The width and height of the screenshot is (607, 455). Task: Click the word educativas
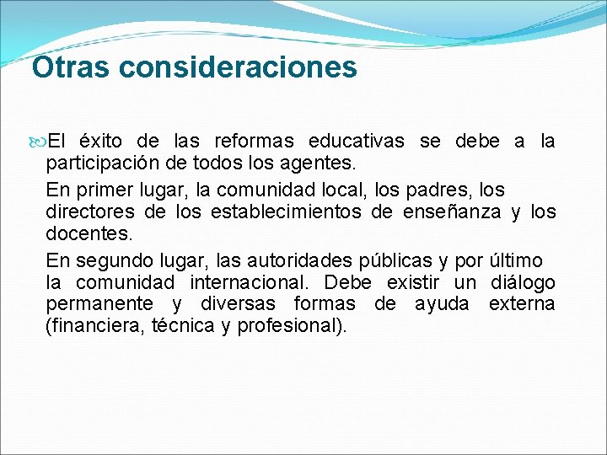tap(356, 141)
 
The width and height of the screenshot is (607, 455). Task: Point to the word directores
tap(87, 211)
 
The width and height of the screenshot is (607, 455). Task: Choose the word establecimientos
tap(286, 211)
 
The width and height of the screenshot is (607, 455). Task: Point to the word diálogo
tap(523, 282)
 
